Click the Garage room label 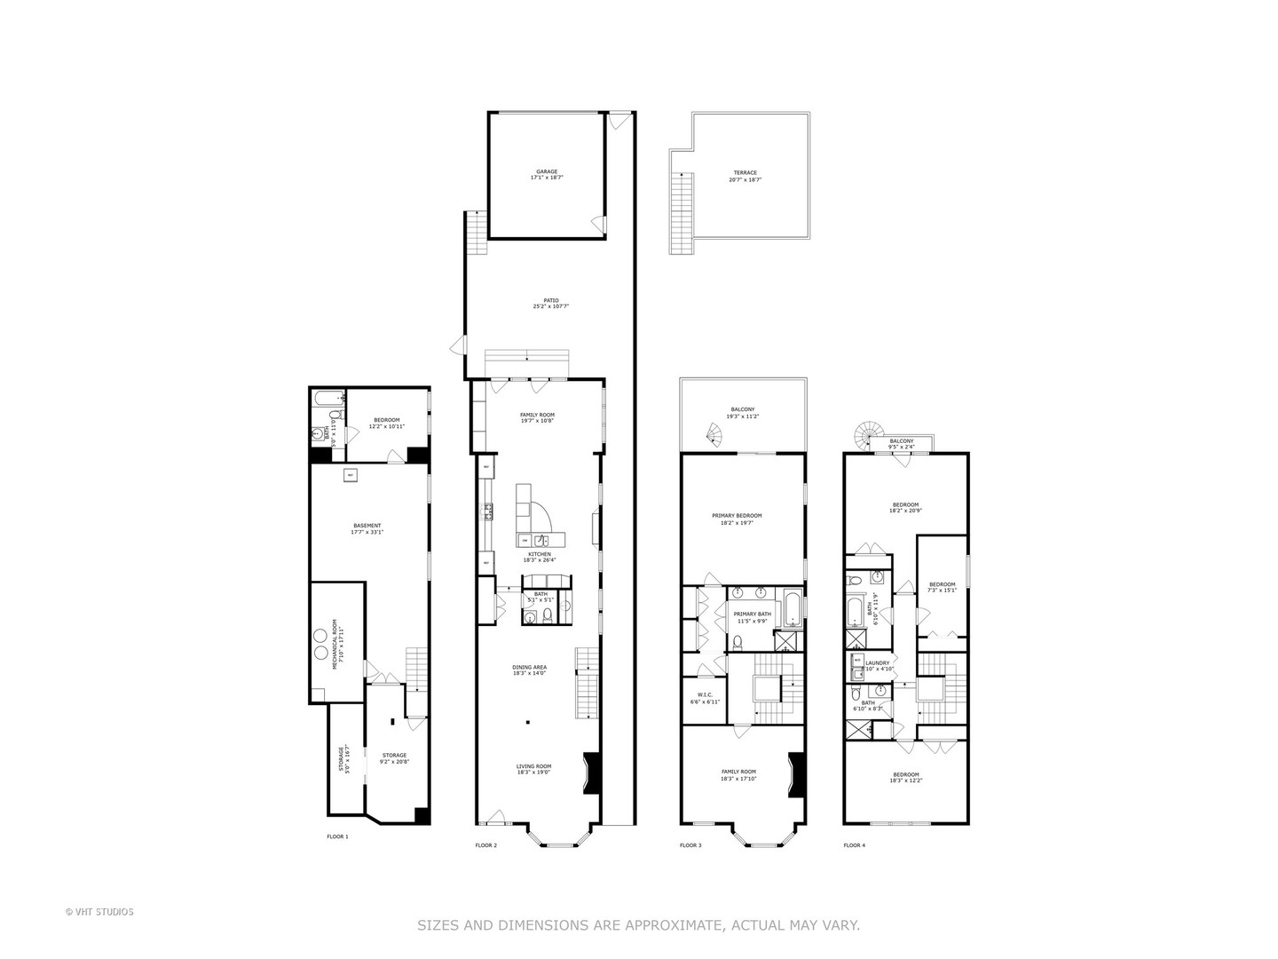pos(546,175)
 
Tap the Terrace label pos(745,176)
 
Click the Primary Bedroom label pos(737,519)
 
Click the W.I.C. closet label pos(705,698)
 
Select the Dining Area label pos(529,670)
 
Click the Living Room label pos(533,769)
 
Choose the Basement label pos(367,528)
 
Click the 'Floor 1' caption pos(338,836)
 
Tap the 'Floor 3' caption pos(690,845)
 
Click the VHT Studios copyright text pos(99,911)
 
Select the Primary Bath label pos(752,616)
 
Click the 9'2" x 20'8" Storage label pos(394,758)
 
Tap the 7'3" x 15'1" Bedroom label pos(942,587)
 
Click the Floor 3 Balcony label pos(742,412)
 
